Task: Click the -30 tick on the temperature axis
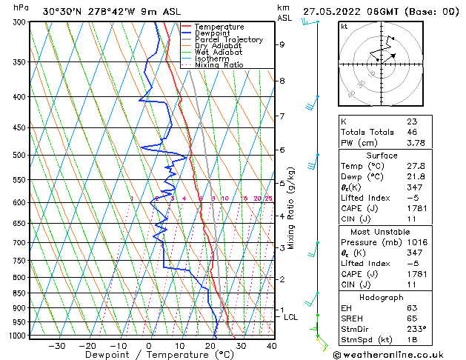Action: [x=57, y=346]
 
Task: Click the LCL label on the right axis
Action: [x=291, y=317]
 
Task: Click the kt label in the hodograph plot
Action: [x=344, y=27]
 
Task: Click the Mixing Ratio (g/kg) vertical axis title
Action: [x=291, y=207]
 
